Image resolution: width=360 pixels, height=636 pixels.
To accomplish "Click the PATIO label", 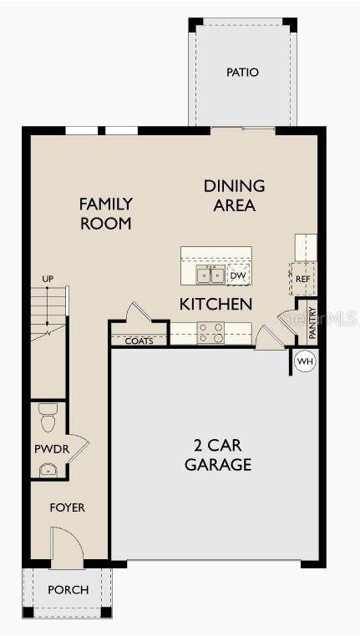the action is point(242,73).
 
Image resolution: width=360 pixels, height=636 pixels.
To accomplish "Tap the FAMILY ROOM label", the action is point(106,214).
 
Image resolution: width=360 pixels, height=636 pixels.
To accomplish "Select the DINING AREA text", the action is point(235,196).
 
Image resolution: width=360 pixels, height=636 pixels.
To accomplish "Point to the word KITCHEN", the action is point(216,304).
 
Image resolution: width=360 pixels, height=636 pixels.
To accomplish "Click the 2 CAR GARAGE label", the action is point(218,455).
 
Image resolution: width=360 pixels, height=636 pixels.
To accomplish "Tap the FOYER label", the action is point(68,507).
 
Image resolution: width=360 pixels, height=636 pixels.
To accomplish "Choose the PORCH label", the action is point(68,589).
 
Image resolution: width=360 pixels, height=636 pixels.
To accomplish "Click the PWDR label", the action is point(52,449).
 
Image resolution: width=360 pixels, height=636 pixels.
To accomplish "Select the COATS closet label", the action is point(139,341).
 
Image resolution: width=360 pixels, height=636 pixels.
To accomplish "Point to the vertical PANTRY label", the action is point(312,323).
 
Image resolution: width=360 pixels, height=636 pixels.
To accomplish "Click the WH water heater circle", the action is point(305,361).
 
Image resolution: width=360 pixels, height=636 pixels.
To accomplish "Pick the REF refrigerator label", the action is point(302,279).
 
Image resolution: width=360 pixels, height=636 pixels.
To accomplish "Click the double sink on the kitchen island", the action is point(210,275).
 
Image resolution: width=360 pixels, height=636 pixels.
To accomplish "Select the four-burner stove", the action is point(210,332).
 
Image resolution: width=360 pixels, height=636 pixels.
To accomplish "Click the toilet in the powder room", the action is point(47,418).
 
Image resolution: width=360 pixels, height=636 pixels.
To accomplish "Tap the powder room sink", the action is point(48,471).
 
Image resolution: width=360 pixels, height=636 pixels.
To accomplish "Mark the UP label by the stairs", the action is point(48,279).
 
